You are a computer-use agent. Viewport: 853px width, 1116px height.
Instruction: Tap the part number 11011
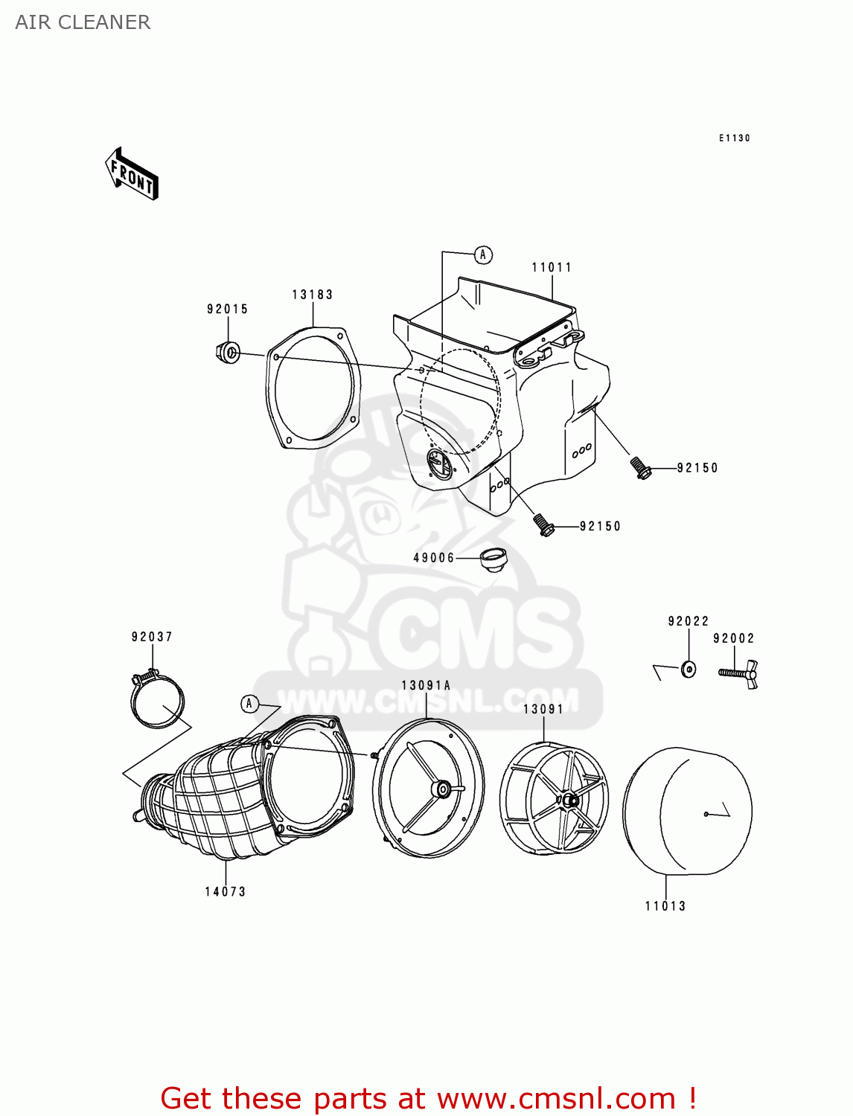pyautogui.click(x=552, y=268)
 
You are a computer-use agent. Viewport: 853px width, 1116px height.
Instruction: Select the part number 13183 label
pyautogui.click(x=312, y=295)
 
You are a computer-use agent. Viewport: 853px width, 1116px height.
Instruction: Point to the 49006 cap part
pyautogui.click(x=493, y=559)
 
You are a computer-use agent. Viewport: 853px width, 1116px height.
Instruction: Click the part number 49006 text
pyautogui.click(x=434, y=558)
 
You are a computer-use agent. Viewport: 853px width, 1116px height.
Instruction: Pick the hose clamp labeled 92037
pyautogui.click(x=157, y=702)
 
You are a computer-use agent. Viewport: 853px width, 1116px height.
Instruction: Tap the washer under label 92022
pyautogui.click(x=689, y=669)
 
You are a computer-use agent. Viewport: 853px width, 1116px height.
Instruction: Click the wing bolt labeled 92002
pyautogui.click(x=739, y=673)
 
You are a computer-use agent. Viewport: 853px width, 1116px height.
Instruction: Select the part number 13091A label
pyautogui.click(x=426, y=686)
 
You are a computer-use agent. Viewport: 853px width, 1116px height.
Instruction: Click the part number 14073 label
pyautogui.click(x=225, y=891)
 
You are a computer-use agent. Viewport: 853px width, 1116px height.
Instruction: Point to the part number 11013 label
pyautogui.click(x=665, y=906)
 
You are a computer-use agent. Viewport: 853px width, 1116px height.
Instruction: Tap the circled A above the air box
pyautogui.click(x=483, y=255)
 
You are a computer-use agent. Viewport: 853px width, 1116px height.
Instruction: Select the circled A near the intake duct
pyautogui.click(x=249, y=704)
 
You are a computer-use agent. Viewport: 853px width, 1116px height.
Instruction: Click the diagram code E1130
pyautogui.click(x=734, y=138)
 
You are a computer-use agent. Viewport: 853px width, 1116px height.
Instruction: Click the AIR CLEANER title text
pyautogui.click(x=83, y=22)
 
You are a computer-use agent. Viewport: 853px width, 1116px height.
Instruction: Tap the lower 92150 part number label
pyautogui.click(x=600, y=527)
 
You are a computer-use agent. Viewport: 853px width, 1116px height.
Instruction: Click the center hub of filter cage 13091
pyautogui.click(x=569, y=801)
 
